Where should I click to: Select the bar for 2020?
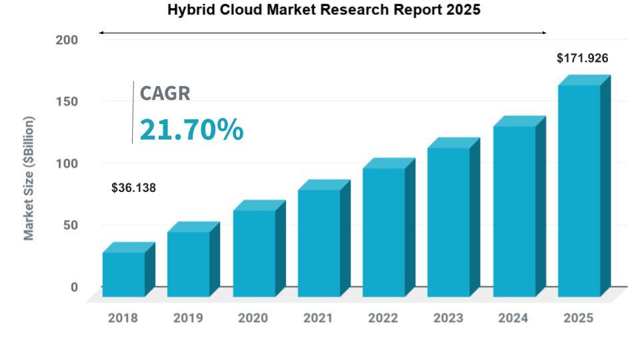[x=255, y=253]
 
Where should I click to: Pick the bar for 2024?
[x=515, y=211]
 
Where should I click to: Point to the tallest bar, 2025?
[x=579, y=190]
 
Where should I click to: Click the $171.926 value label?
[x=583, y=59]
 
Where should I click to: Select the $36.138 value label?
[x=133, y=188]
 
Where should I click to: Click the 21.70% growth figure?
[x=191, y=129]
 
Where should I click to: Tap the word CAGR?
[x=165, y=93]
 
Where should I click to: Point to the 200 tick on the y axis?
[x=66, y=40]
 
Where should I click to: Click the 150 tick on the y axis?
[x=66, y=102]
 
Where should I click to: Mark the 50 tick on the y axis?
[x=69, y=225]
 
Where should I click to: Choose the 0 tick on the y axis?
[x=74, y=287]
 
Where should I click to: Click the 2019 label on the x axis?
[x=188, y=318]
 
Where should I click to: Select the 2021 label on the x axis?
[x=318, y=318]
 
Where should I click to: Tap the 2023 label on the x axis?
[x=448, y=318]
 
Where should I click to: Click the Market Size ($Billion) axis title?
[x=29, y=178]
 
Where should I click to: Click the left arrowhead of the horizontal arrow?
[x=101, y=32]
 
